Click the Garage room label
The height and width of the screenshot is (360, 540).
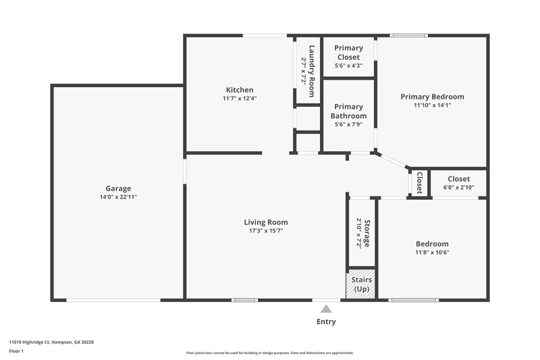tap(118, 188)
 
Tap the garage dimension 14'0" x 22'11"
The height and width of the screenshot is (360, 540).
tap(118, 197)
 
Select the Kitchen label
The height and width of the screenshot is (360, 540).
tap(240, 90)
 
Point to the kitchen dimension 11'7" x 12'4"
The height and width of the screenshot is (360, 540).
tap(240, 98)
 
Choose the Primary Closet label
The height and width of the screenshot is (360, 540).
tap(348, 53)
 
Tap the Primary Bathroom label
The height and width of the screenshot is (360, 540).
tap(348, 111)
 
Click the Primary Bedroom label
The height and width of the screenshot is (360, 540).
tap(432, 97)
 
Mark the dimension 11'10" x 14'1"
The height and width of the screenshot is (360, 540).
tap(432, 105)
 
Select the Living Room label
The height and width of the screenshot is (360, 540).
tap(266, 222)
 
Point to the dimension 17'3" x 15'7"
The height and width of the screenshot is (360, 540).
tap(266, 230)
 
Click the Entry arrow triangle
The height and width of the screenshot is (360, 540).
tap(326, 308)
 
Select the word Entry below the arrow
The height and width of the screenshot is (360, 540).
tap(326, 322)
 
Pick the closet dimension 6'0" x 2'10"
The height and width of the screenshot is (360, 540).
tap(458, 187)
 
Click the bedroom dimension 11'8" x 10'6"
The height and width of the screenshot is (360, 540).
tap(432, 252)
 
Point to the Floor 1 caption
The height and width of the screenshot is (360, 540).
tap(16, 351)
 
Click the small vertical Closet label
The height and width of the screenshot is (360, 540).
tap(419, 182)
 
